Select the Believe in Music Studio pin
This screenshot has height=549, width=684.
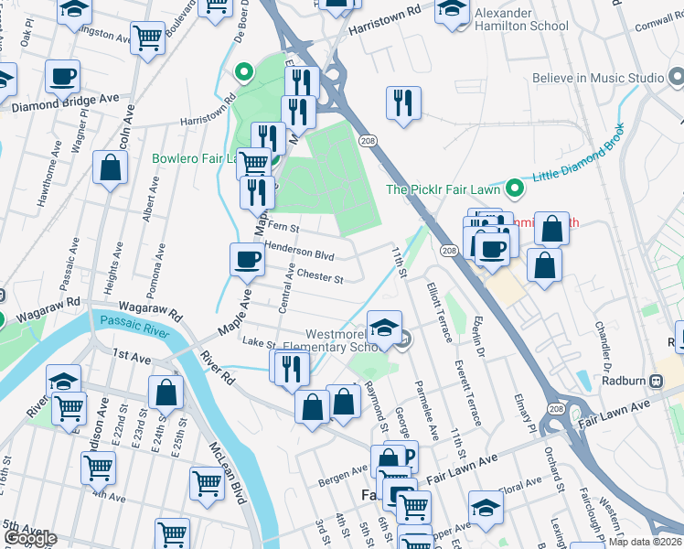(x=655, y=79)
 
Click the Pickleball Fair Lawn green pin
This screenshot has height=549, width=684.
(x=514, y=189)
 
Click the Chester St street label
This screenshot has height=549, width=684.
(x=320, y=276)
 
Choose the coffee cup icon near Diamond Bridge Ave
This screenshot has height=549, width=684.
(x=62, y=78)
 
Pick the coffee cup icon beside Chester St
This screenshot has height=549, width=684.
(x=247, y=261)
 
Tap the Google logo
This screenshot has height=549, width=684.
(x=30, y=538)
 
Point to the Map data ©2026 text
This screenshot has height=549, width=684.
(x=646, y=542)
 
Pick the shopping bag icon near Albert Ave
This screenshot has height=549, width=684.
(x=110, y=169)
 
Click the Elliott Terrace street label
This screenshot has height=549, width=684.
(x=438, y=312)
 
